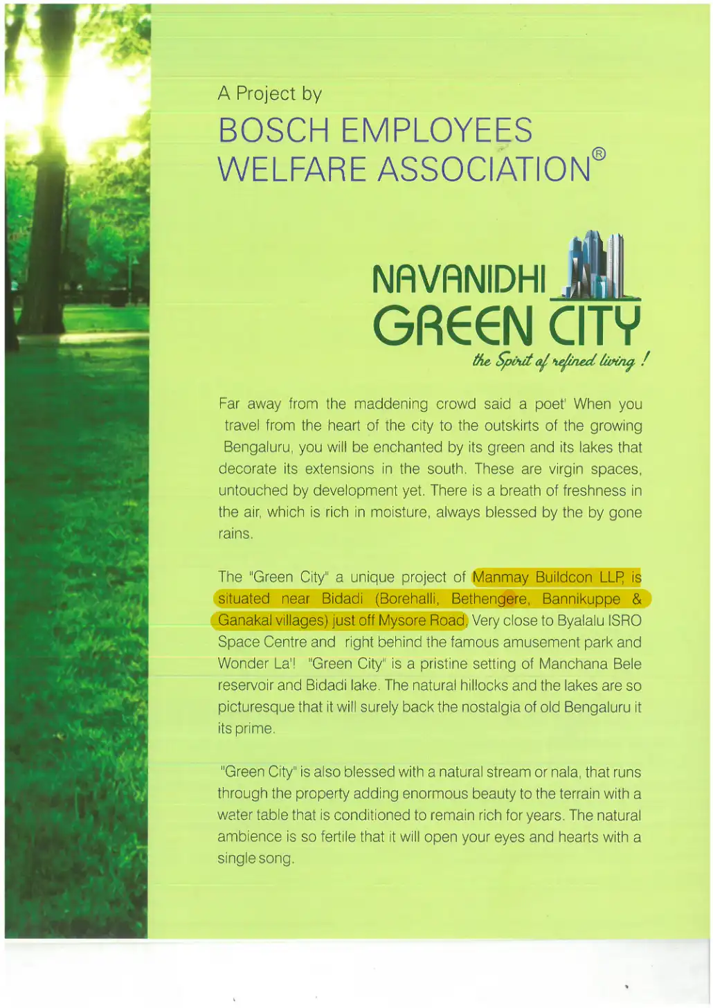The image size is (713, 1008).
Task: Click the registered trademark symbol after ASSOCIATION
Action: pos(599,154)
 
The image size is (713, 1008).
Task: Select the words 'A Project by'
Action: pos(269,93)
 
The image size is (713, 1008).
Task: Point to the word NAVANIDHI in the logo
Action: pos(458,279)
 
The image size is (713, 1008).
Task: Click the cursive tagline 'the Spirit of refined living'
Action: pos(559,361)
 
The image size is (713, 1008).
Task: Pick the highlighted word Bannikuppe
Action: pos(581,599)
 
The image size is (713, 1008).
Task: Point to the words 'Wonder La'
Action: pos(253,664)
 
